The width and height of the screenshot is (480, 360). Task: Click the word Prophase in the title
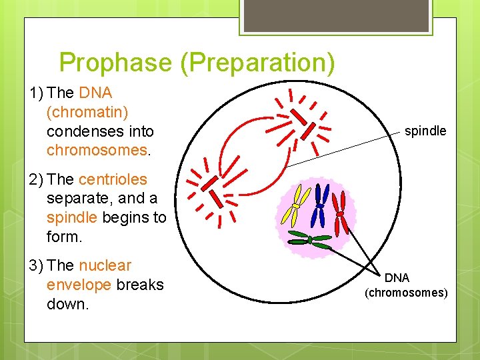click(x=115, y=63)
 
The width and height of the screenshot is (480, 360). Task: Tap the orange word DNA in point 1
click(x=95, y=93)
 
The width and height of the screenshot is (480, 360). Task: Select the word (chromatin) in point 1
click(x=88, y=112)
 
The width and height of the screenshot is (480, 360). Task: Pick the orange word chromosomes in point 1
click(x=97, y=150)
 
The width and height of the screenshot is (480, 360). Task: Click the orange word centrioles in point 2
click(x=113, y=179)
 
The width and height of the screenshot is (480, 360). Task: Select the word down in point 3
click(x=67, y=304)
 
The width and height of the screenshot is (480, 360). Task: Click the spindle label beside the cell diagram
click(x=425, y=131)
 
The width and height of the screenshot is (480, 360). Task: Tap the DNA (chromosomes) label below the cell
click(x=406, y=285)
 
